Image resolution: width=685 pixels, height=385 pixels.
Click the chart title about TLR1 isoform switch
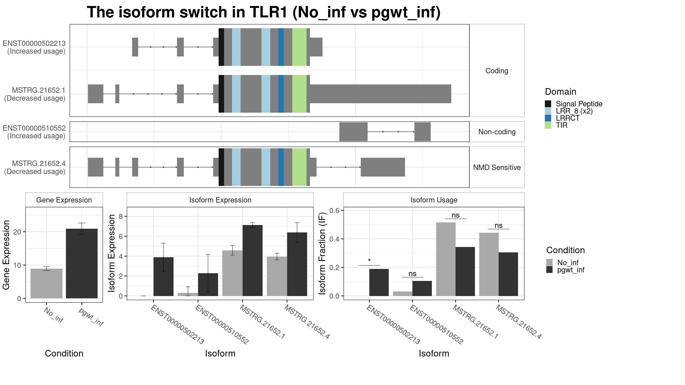pyautogui.click(x=263, y=13)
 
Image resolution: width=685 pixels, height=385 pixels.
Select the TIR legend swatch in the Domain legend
pyautogui.click(x=548, y=125)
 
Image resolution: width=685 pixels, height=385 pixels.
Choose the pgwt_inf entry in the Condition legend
pyautogui.click(x=571, y=270)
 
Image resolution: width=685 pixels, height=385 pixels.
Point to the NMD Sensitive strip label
pyautogui.click(x=497, y=167)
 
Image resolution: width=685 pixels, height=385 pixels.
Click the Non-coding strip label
pyautogui.click(x=497, y=132)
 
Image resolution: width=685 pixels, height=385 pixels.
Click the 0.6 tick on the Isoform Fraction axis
pyautogui.click(x=334, y=210)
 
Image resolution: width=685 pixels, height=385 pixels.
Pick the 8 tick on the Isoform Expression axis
pyautogui.click(x=121, y=216)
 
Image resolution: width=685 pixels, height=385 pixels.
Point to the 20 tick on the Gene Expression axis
pyautogui.click(x=17, y=232)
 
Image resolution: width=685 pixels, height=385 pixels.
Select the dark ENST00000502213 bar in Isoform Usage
pyautogui.click(x=379, y=282)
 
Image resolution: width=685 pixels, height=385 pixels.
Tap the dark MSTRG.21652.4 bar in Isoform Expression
pyautogui.click(x=297, y=264)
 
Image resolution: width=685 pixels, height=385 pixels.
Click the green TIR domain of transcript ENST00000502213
pyautogui.click(x=299, y=47)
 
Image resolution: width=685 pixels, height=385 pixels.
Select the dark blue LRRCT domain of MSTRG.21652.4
pyautogui.click(x=281, y=167)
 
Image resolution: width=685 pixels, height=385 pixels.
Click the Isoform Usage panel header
pyautogui.click(x=434, y=200)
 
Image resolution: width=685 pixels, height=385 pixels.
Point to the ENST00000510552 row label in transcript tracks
pyautogui.click(x=34, y=132)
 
